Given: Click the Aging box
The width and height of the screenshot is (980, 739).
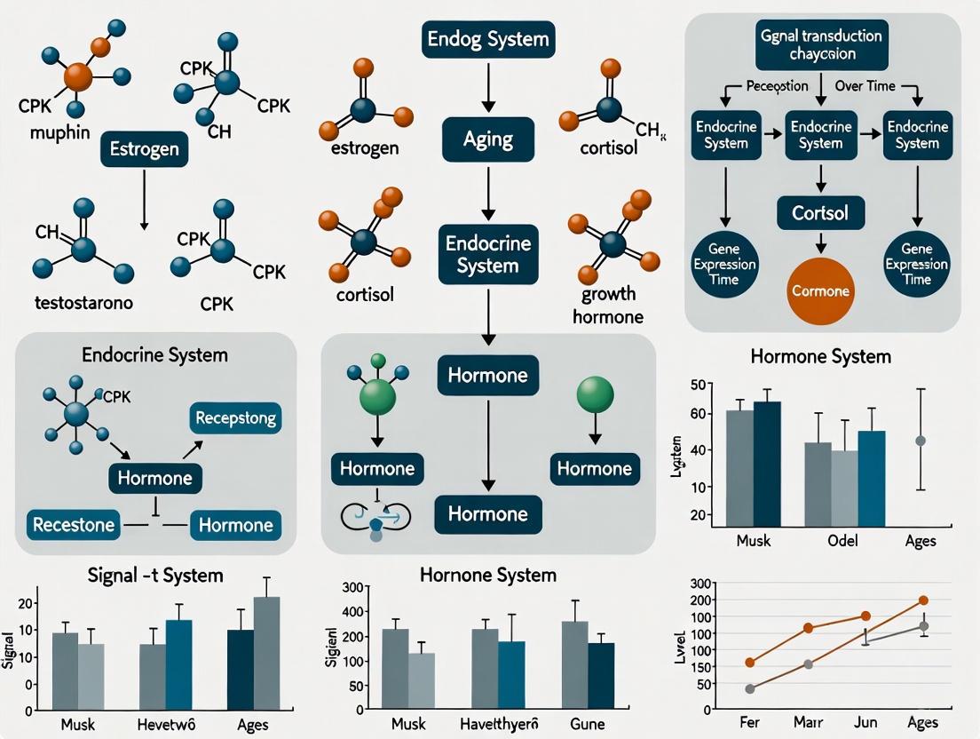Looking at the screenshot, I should pos(488,140).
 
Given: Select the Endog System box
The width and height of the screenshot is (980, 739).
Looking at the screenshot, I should pos(487,40).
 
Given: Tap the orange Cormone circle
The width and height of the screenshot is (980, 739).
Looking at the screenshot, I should pos(821,290).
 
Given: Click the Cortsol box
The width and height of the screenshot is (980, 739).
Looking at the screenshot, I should pos(820,214).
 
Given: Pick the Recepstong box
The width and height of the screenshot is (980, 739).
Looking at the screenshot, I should pos(235,418).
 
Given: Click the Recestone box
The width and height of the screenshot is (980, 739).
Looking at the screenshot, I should pos(74,524).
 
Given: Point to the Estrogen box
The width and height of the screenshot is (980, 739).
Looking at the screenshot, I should pos(143,149).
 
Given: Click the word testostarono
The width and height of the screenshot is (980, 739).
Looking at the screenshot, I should pos(83,303).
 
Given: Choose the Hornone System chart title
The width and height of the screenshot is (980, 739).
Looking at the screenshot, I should pos(487,576).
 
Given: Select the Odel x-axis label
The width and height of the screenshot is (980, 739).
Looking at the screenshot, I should pos(843,541).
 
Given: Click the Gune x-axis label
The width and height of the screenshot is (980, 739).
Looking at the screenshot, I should pos(587,725).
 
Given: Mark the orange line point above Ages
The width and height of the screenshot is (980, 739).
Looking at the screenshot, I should pos(923,600).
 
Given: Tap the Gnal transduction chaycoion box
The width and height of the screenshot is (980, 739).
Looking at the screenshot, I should pos(821,44).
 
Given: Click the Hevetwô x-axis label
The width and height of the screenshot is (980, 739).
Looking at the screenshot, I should pos(165,725).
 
